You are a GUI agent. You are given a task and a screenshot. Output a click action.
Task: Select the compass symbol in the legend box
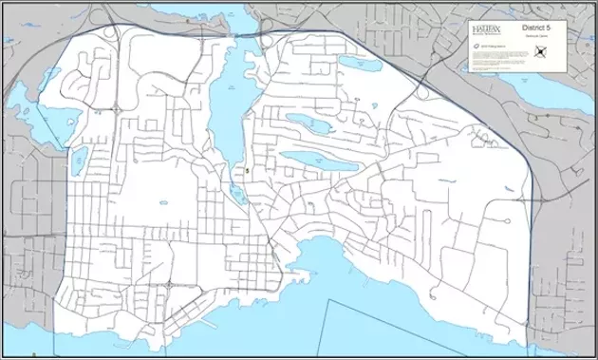[543, 54]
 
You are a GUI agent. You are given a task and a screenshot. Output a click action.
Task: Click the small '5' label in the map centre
[247, 171]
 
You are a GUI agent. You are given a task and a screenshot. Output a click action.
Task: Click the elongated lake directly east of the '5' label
[308, 157]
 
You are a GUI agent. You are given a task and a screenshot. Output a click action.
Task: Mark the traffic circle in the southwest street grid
[168, 284]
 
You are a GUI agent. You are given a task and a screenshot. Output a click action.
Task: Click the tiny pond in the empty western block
[162, 199]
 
